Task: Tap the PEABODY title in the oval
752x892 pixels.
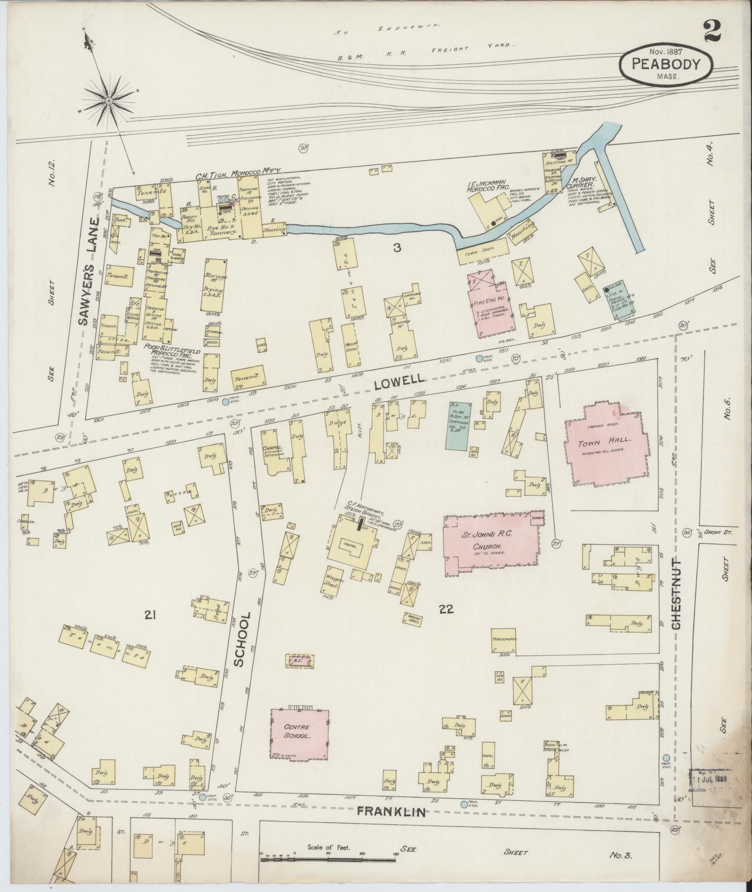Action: click(x=666, y=64)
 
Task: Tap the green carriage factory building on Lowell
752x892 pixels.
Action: click(x=457, y=424)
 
